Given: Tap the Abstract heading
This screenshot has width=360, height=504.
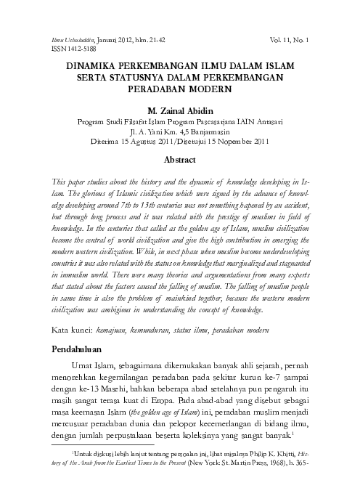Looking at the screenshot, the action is click(x=179, y=158).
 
